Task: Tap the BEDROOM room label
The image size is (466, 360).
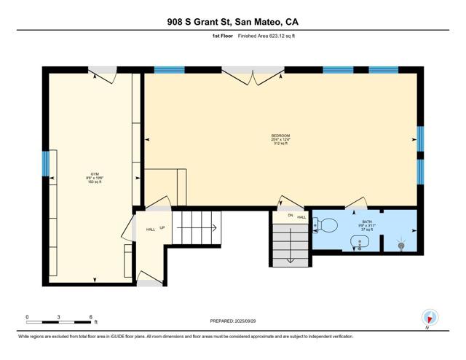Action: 280,136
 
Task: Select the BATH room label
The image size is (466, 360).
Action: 366,222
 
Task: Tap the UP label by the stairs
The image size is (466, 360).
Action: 162,229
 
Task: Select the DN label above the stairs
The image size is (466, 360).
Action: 289,216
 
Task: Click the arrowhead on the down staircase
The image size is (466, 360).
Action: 289,259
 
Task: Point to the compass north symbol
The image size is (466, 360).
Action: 430,318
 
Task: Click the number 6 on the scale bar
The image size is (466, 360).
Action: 91,317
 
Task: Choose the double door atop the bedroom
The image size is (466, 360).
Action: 253,73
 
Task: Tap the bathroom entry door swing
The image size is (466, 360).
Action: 356,203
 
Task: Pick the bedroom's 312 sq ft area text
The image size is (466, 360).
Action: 280,144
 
